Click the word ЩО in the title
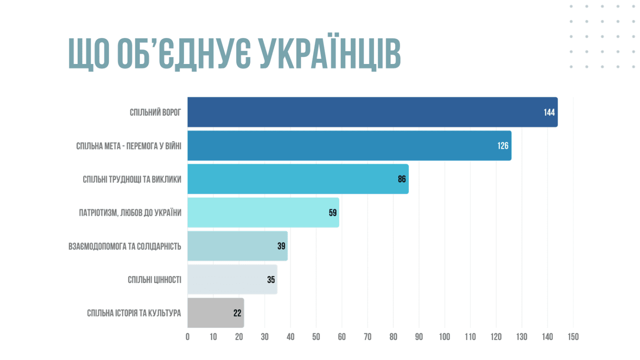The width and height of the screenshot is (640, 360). pos(89,54)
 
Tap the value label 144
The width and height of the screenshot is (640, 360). pos(549,113)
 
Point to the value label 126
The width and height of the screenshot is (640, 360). pos(503,146)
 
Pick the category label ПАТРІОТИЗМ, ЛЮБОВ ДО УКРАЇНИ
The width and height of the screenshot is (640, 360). pos(130,213)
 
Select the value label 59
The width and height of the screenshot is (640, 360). pos(333,213)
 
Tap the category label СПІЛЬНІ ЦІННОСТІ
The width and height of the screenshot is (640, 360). pos(154,280)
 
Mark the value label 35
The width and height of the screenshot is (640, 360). pos(271,280)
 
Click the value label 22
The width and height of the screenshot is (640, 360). pos(237,313)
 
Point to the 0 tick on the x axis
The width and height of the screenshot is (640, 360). pos(188,337)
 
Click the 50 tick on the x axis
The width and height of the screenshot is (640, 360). pos(316,337)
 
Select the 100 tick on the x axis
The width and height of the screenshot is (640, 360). pos(445,337)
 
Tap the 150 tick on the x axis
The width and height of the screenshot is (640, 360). pos(573,337)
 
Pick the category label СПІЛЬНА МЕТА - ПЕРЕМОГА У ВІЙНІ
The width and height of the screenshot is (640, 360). pos(129,146)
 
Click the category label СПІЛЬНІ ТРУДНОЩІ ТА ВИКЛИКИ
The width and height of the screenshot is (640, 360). pos(132,180)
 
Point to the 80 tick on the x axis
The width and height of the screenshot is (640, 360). pos(393,337)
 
